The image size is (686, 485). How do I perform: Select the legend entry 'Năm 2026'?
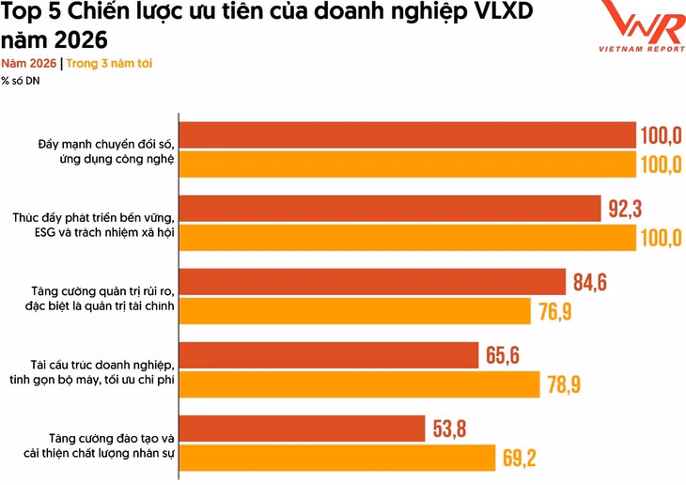coord(28,64)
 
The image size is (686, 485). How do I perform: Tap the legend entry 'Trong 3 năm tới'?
coord(109,64)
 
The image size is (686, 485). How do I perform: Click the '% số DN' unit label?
coord(21,80)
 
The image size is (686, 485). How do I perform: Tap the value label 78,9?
coord(569,383)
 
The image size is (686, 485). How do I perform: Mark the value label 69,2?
coord(524,458)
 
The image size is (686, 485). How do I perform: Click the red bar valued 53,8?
coord(302,429)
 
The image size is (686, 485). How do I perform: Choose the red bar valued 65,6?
coord(329,355)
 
